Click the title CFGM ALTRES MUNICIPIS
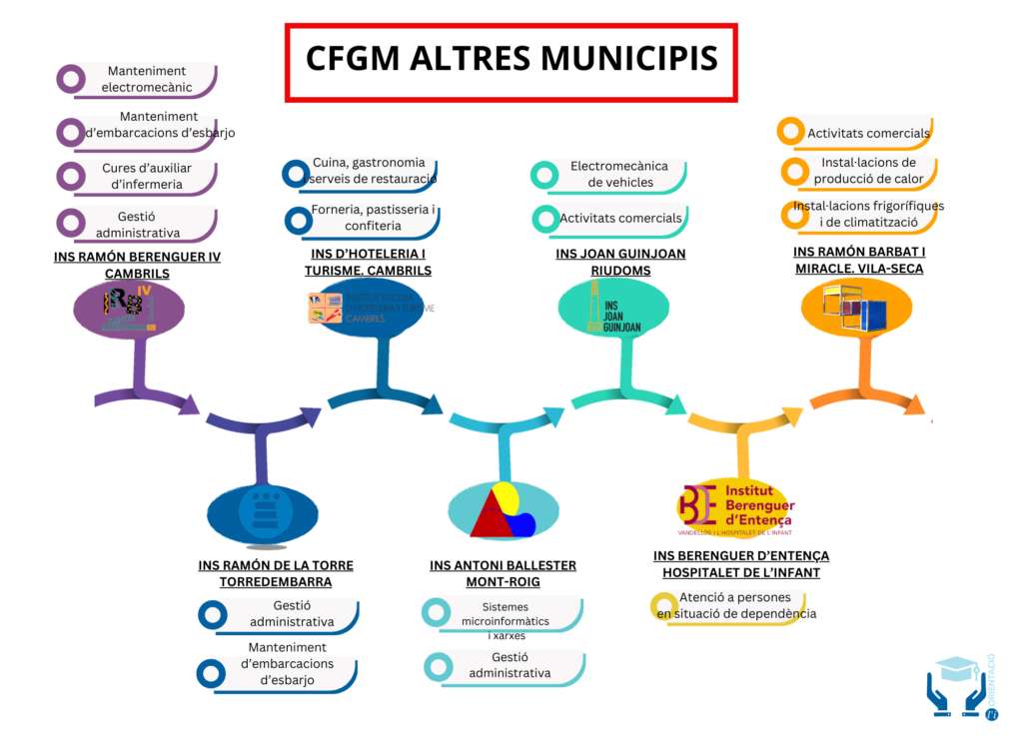(511, 58)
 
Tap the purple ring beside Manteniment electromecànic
(70, 79)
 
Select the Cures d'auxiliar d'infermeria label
(147, 176)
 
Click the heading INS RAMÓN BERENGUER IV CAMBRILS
(137, 265)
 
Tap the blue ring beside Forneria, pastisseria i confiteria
(297, 219)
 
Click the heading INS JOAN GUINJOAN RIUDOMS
(620, 262)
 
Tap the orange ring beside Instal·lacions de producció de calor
(792, 171)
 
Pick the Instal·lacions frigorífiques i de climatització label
(868, 214)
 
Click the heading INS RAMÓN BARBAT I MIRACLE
(859, 260)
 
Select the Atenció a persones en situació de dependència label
(736, 605)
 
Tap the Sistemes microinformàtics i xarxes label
(506, 620)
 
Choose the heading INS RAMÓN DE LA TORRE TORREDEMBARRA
(275, 573)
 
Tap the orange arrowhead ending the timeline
(912, 403)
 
